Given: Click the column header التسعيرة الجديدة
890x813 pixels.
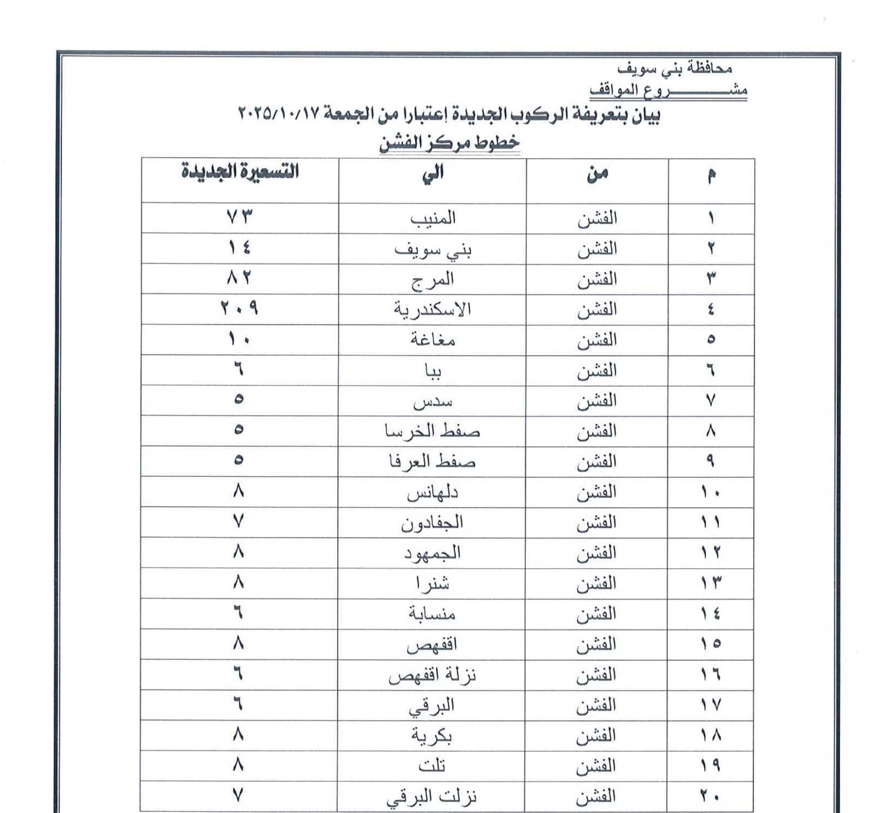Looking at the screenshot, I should tap(240, 171).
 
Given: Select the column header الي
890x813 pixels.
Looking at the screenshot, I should tap(433, 173).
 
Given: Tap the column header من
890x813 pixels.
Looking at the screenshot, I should tap(597, 174).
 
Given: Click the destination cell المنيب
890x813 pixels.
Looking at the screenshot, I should tap(433, 218).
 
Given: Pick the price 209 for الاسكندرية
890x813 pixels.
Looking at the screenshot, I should tap(239, 308).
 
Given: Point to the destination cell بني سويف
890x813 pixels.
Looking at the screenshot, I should tap(433, 249).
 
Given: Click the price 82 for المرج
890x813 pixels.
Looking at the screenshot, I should tap(239, 277).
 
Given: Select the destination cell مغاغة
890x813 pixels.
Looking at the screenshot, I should tap(433, 339).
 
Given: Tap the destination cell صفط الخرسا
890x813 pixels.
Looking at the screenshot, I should tap(432, 431).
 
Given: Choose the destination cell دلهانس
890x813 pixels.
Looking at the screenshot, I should tap(432, 492).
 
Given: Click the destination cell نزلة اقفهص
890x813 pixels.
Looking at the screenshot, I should tap(432, 676).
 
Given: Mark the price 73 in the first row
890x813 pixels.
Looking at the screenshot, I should tap(239, 217).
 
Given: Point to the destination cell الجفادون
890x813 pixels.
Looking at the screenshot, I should tap(432, 523).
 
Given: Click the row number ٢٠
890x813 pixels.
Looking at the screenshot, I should tap(710, 796).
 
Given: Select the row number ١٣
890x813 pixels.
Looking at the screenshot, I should tap(710, 583).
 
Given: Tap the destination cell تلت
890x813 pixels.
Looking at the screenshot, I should tap(432, 766).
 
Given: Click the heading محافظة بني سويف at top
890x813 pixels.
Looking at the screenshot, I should tap(675, 68).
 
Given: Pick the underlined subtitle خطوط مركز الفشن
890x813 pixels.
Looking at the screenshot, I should tap(449, 142).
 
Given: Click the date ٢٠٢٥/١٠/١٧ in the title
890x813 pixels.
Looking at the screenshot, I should tap(279, 114).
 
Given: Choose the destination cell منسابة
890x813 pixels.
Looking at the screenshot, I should tap(432, 614).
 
